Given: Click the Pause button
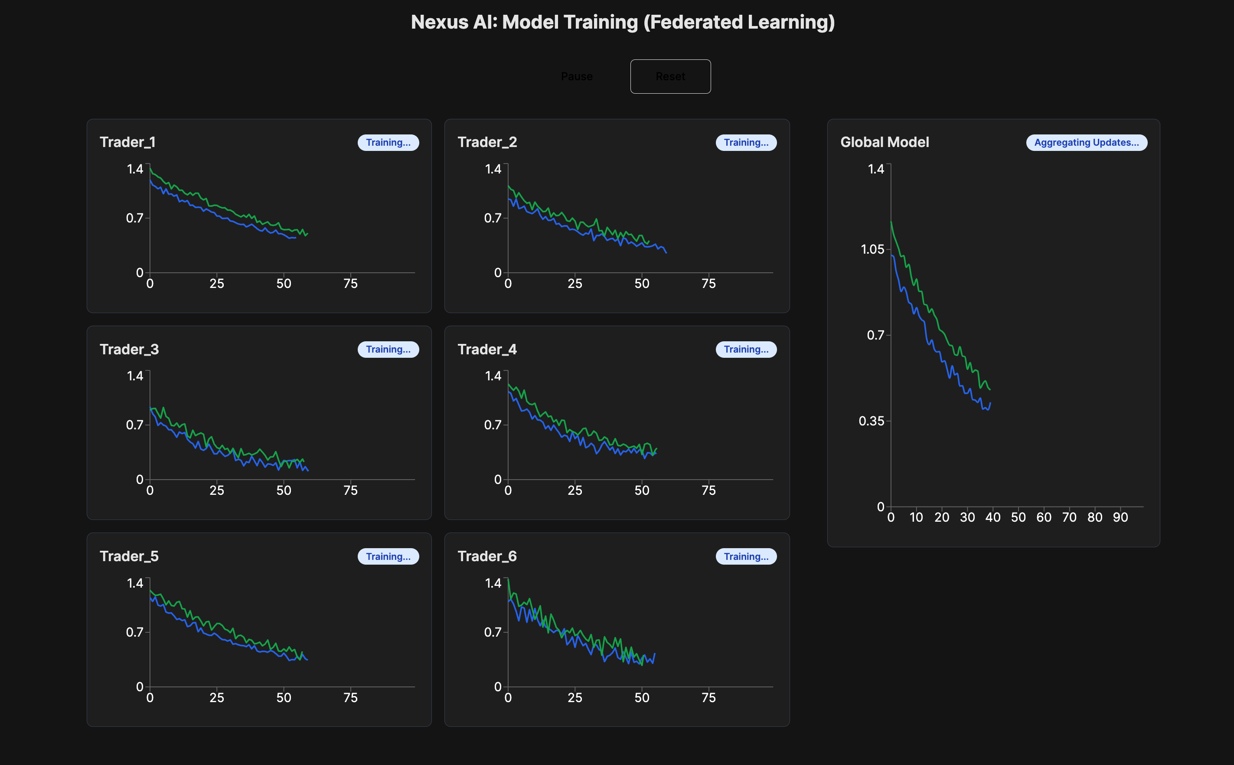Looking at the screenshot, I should (x=577, y=76).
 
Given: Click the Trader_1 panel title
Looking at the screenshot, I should (x=127, y=142).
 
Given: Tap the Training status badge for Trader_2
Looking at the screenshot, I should (x=746, y=143).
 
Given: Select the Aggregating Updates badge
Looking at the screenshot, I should (x=1086, y=143).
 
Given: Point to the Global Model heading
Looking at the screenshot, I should (x=885, y=142).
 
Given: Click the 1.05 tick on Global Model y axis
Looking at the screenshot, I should (x=872, y=249).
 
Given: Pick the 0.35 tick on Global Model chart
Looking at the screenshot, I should (x=872, y=421).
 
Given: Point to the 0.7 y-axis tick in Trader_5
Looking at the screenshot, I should (x=134, y=632).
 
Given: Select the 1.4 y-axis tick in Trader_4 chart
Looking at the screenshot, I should (x=493, y=376).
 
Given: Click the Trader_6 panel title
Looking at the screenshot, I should (x=487, y=556).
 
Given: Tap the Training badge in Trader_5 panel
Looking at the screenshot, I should (x=388, y=556).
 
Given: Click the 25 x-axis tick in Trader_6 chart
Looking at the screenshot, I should (x=575, y=698).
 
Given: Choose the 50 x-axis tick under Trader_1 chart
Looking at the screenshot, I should (x=284, y=284).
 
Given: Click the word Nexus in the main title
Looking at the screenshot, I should (x=440, y=22).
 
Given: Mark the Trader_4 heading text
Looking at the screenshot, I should (x=487, y=350).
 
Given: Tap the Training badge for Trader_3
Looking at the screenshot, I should (x=388, y=350).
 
